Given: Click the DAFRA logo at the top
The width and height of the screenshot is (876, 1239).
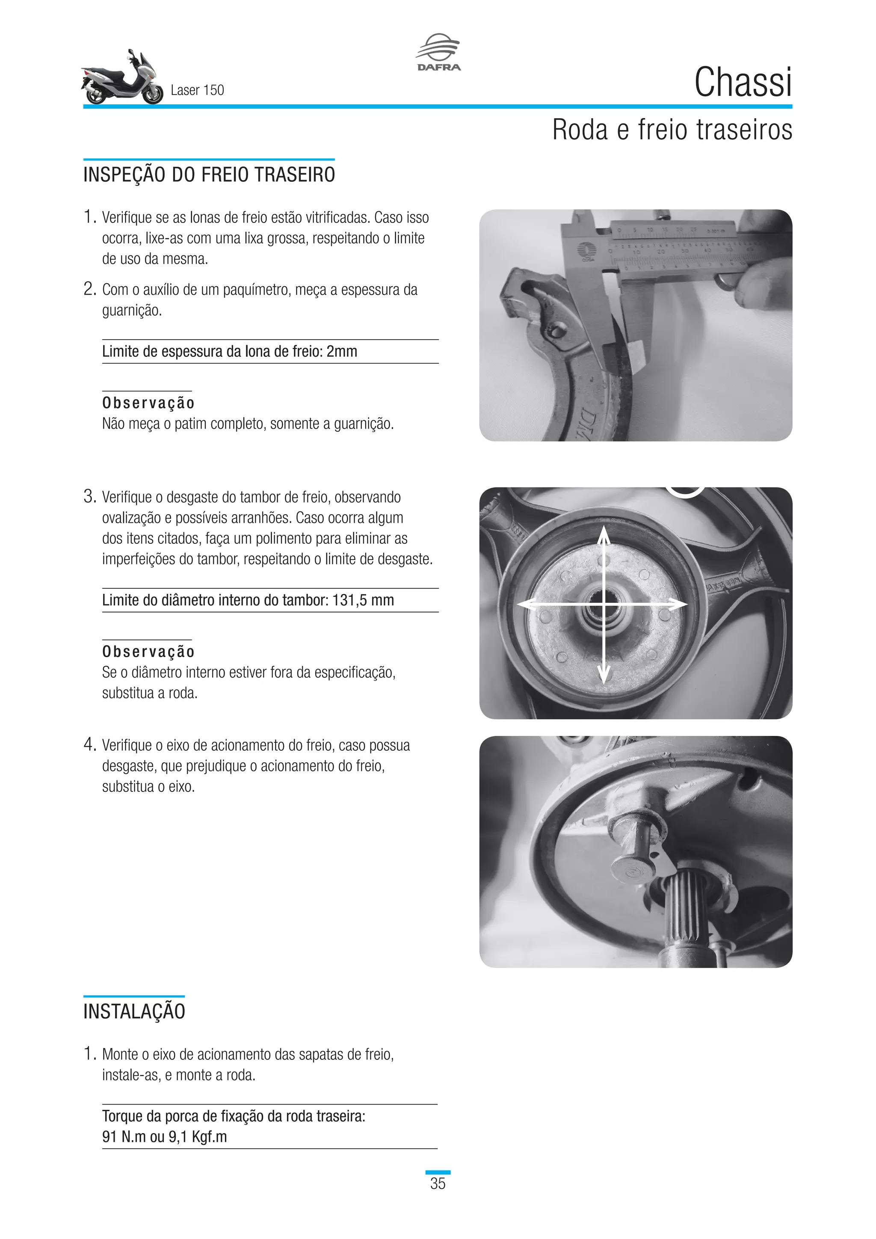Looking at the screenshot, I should [x=438, y=52].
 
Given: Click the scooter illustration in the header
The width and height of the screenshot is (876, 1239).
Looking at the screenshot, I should [x=122, y=78].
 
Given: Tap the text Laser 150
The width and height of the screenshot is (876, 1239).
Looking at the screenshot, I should [x=197, y=90].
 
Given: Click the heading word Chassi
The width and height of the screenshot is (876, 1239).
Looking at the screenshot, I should [x=743, y=83].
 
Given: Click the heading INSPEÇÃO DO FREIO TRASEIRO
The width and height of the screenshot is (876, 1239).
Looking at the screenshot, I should [x=209, y=175].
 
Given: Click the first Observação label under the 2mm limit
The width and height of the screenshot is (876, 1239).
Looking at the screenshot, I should [x=148, y=403].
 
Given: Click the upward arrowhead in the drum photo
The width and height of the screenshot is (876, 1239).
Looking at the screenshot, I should [x=604, y=534].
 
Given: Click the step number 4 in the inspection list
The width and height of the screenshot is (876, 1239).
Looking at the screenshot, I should [x=89, y=745].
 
